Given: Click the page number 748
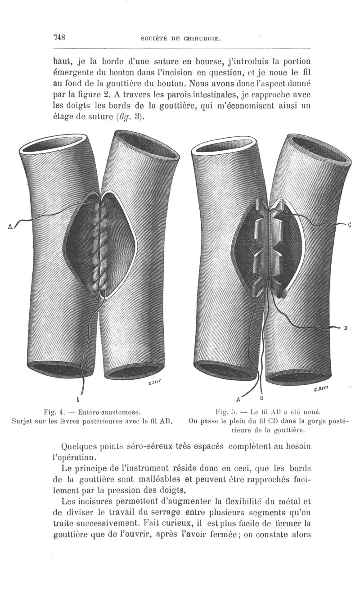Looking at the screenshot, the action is (x=59, y=37).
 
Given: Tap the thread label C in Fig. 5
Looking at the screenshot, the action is (x=350, y=225).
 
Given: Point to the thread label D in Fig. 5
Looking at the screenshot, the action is (x=346, y=328).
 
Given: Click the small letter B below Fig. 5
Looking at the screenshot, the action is (x=262, y=398).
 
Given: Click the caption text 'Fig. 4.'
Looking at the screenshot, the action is (x=54, y=413).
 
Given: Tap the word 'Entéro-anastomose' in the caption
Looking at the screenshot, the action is (x=109, y=413).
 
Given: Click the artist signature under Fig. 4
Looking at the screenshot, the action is (x=154, y=383).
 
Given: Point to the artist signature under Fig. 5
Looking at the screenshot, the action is (x=321, y=390).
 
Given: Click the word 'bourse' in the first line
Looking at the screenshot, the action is (x=207, y=62).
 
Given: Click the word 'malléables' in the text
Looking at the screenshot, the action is (x=159, y=479).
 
